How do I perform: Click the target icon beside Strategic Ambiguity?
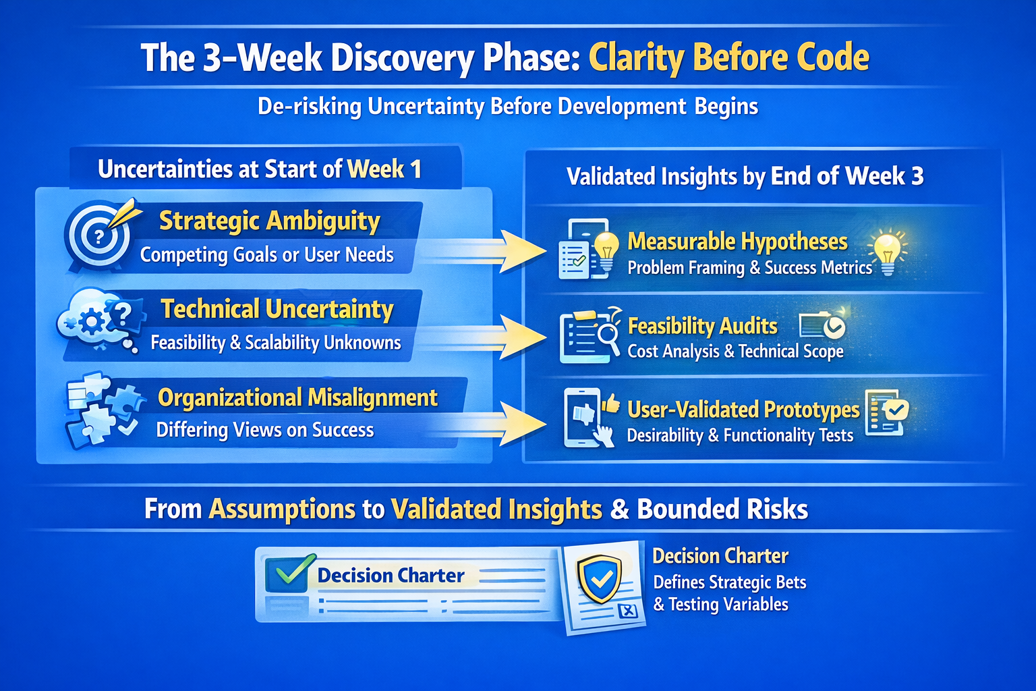[x=98, y=236]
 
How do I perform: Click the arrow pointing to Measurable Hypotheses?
[x=486, y=251]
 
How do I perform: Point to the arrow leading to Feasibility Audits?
[x=486, y=337]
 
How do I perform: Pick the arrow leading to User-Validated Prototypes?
[x=486, y=424]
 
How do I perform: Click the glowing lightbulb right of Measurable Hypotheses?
[x=887, y=252]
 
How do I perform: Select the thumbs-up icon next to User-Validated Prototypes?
[x=612, y=404]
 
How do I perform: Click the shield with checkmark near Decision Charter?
[x=600, y=578]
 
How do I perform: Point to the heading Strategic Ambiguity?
[x=270, y=221]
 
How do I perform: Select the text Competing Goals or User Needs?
[x=267, y=254]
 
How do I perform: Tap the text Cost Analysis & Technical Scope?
[x=735, y=352]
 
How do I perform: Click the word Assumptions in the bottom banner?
[x=282, y=509]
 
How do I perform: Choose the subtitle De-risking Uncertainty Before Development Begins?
[x=508, y=107]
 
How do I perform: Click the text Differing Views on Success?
[x=265, y=430]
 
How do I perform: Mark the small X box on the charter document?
[x=628, y=611]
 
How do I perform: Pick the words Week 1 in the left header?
[x=384, y=169]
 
